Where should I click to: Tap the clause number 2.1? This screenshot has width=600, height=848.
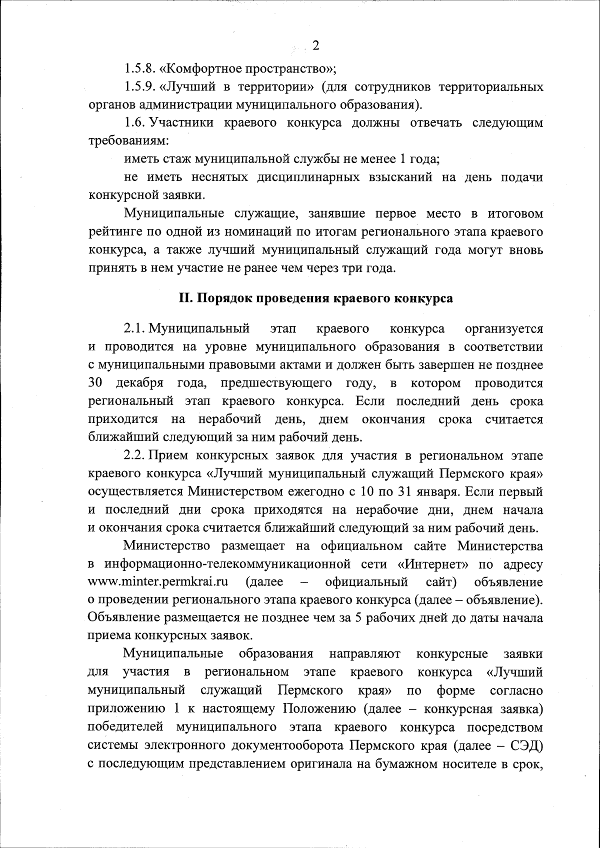[133, 329]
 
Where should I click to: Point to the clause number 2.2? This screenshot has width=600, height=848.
[133, 456]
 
